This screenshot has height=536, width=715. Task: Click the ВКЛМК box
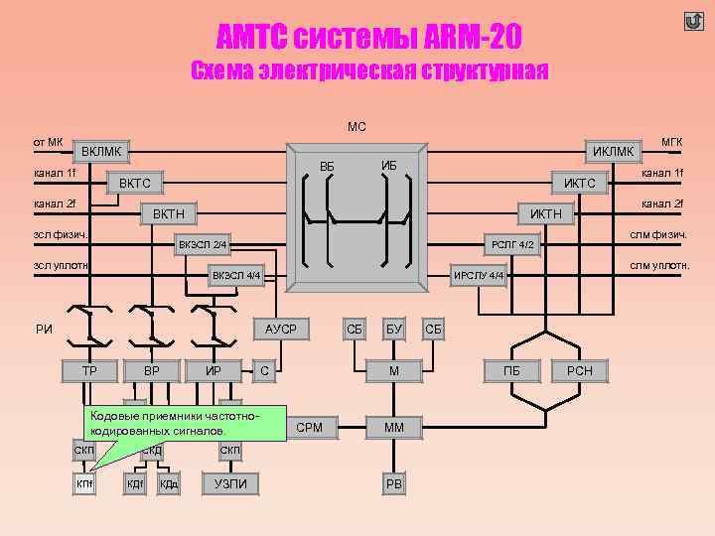(101, 152)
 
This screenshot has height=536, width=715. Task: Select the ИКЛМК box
(612, 151)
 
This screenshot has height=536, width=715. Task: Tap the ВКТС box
(134, 184)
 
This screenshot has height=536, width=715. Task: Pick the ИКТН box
(545, 214)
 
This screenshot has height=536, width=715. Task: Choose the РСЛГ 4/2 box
(513, 244)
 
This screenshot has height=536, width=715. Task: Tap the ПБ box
(511, 371)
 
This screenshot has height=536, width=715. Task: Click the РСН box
(579, 371)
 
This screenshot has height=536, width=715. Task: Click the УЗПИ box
(230, 483)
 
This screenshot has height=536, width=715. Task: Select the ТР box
(88, 371)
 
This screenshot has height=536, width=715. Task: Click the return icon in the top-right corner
(693, 21)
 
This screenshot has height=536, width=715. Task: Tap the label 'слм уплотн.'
(659, 266)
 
